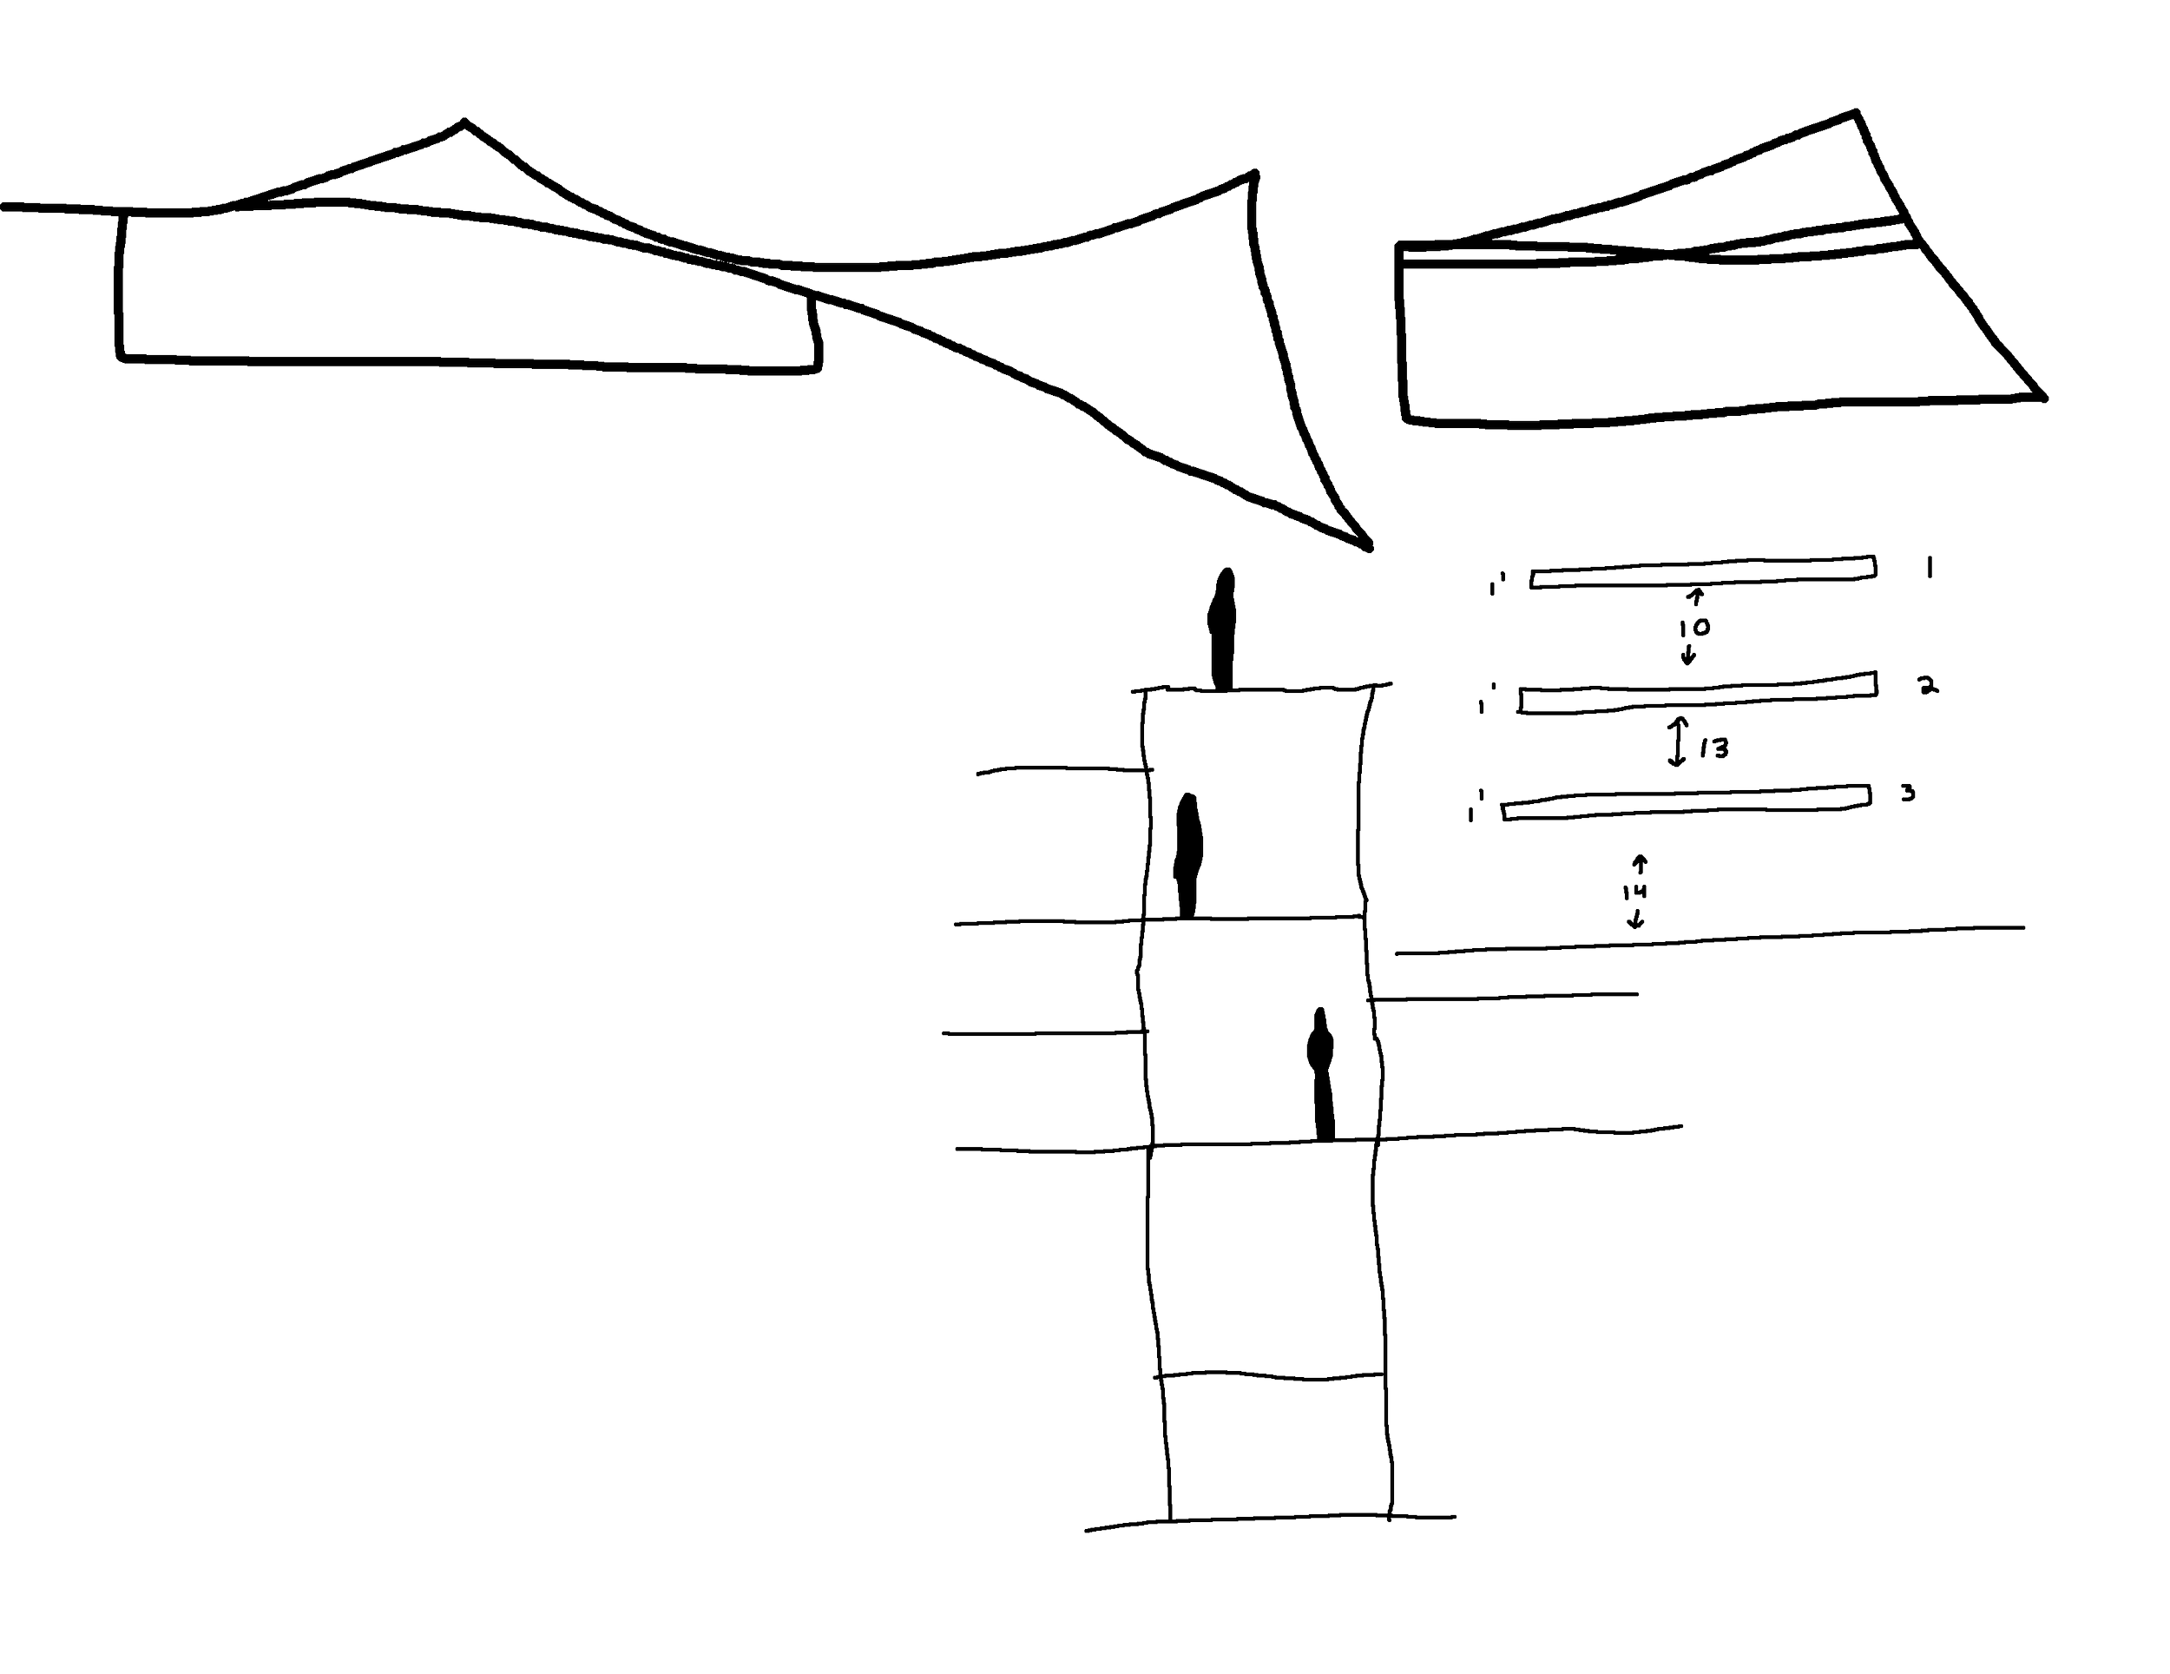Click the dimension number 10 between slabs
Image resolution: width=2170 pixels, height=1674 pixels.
[1694, 629]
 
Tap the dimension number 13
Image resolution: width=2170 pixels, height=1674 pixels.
[1715, 748]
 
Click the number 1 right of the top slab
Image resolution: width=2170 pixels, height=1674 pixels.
[1929, 568]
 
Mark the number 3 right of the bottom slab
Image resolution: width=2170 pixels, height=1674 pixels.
[1907, 792]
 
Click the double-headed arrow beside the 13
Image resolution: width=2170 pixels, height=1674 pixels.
[1677, 742]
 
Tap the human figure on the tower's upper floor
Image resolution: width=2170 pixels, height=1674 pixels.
[1188, 855]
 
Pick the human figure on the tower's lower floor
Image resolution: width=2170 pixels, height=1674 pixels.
[1320, 1072]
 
